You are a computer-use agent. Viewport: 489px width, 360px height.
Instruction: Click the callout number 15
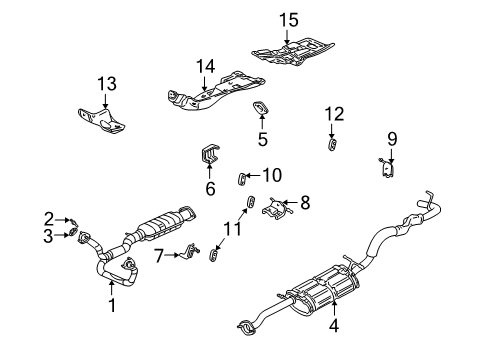[x=289, y=19]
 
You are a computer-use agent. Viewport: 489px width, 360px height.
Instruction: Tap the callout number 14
[x=206, y=67]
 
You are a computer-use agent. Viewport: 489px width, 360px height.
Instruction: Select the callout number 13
[x=107, y=81]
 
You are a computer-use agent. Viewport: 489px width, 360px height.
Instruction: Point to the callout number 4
[x=332, y=323]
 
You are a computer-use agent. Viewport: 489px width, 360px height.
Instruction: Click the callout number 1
[x=112, y=306]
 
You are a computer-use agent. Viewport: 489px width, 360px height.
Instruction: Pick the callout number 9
[x=392, y=138]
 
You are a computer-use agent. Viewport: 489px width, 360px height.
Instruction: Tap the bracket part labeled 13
[x=103, y=119]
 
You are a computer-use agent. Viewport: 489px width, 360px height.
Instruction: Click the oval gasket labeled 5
[x=263, y=110]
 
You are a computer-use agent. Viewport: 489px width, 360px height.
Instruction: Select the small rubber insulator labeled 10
[x=242, y=180]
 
